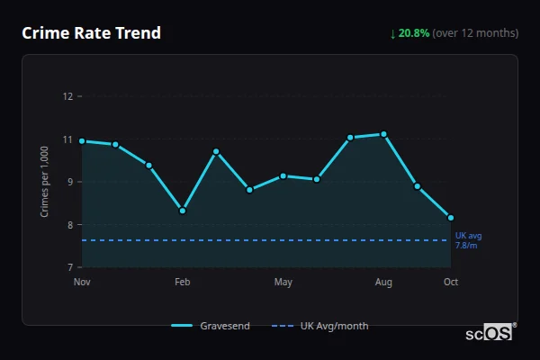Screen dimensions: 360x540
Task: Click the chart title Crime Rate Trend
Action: point(91,33)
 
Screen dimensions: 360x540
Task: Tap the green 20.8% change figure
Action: point(413,33)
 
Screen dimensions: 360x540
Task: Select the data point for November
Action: point(82,141)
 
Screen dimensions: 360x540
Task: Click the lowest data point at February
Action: point(183,211)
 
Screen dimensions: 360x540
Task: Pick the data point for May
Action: point(283,175)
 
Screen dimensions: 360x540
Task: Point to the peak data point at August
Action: point(384,134)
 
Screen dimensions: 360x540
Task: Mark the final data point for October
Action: point(451,218)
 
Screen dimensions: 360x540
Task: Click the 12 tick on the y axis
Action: point(67,96)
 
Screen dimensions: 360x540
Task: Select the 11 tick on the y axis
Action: point(67,139)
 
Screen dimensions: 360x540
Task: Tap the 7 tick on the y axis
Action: point(68,267)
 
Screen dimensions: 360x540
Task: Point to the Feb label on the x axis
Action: point(183,283)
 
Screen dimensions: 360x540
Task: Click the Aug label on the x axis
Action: point(384,283)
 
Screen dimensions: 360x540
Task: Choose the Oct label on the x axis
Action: point(451,283)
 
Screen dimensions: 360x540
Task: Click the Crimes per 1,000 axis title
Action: point(45,181)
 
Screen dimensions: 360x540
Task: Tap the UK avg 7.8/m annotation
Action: point(468,240)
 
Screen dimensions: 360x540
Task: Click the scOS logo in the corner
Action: point(490,333)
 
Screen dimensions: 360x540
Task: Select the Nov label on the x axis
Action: point(82,283)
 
